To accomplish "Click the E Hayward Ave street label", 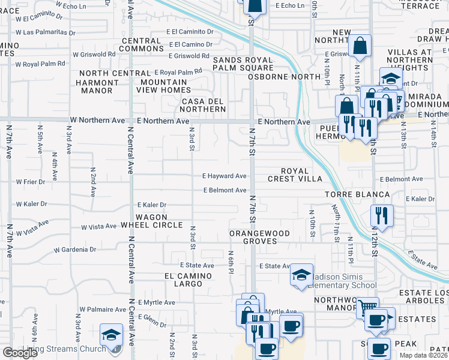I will point(224,176).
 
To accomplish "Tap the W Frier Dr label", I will point(31,181).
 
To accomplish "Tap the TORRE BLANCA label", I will point(357,195).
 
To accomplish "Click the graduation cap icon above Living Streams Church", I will point(111,335).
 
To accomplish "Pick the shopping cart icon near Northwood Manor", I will point(367,307).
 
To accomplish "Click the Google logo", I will point(20,353).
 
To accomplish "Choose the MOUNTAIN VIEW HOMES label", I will point(164,86).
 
